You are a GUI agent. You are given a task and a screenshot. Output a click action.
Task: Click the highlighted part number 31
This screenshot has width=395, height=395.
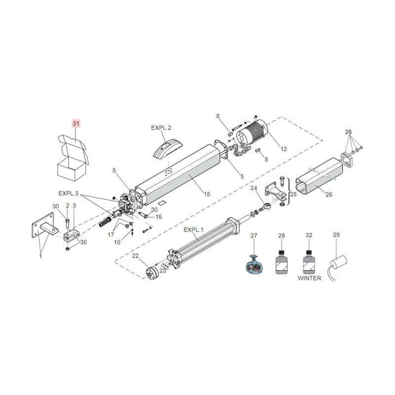pos(76,123)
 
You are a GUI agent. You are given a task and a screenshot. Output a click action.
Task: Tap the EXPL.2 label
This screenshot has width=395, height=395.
pos(161,127)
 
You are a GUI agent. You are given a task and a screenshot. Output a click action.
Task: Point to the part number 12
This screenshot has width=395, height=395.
pos(283,149)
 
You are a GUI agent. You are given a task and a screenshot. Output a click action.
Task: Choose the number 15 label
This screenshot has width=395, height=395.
pos(207,194)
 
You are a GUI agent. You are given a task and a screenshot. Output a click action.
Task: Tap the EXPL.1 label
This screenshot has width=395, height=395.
pos(194,230)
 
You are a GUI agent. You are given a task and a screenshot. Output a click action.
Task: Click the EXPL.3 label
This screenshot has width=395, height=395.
pos(68,193)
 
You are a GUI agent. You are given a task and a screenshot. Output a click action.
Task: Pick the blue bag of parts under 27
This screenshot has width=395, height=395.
pos(254,265)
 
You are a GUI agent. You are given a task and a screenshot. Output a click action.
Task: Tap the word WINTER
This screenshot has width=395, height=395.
pos(309,278)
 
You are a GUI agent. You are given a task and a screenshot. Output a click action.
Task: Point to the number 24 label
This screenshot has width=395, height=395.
pos(254,188)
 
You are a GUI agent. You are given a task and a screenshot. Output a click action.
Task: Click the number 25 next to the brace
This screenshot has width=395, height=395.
pos(293,194)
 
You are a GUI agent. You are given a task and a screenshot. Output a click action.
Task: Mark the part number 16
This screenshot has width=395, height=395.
pos(158,217)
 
